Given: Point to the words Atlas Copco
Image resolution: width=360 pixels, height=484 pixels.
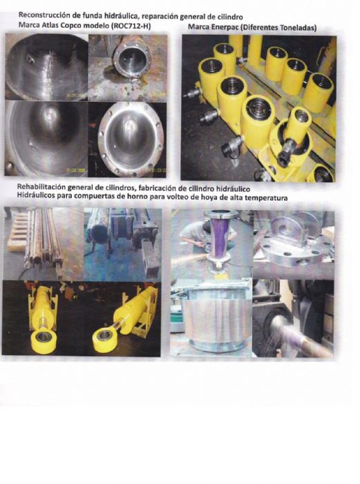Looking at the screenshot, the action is click(x=57, y=25).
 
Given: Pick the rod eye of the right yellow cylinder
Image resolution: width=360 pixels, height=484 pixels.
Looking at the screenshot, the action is click(x=106, y=337).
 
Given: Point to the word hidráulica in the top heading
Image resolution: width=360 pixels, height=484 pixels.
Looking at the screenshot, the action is click(x=120, y=16).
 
